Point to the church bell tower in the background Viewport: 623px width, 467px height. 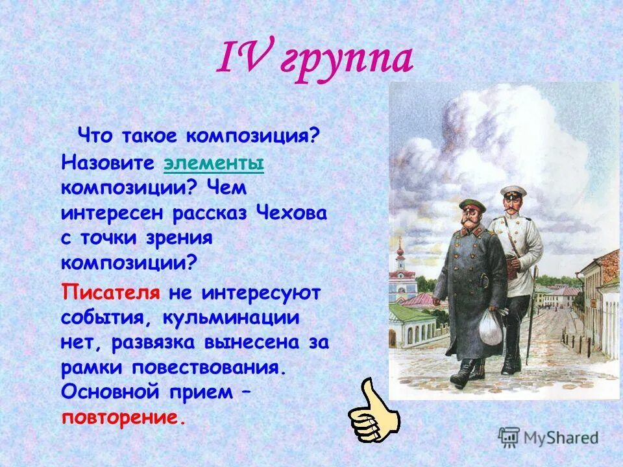[400, 256]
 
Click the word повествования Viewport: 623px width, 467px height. [217, 367]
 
